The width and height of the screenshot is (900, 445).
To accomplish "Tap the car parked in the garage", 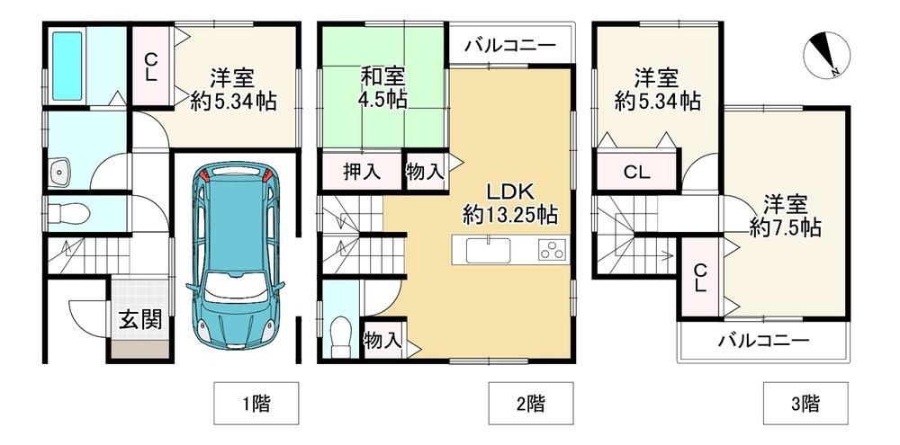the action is pos(235,255).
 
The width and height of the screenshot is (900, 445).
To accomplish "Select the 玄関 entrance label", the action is pos(140,320).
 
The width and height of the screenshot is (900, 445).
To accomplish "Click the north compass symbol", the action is pos(826,56).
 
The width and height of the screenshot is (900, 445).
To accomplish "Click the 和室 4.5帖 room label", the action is pos(383,88).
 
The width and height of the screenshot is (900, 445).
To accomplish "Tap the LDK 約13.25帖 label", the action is pos(511,203).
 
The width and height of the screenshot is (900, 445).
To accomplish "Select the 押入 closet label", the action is pos(362,172).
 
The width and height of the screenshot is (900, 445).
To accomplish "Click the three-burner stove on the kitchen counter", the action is pos(553,251).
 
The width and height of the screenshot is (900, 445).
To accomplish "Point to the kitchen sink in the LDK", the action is pos(488,251).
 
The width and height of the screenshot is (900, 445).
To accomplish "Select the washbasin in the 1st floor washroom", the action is pos(59,173).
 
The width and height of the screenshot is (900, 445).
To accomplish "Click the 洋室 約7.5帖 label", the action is pos(785,216).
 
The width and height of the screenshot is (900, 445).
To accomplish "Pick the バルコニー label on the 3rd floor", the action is pos(764,342).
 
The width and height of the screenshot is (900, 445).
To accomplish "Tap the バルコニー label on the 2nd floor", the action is pos(510,45).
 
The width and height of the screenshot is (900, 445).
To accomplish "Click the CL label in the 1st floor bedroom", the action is pos(150,67).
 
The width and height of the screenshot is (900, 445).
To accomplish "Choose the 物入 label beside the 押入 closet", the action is pos(424,171).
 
